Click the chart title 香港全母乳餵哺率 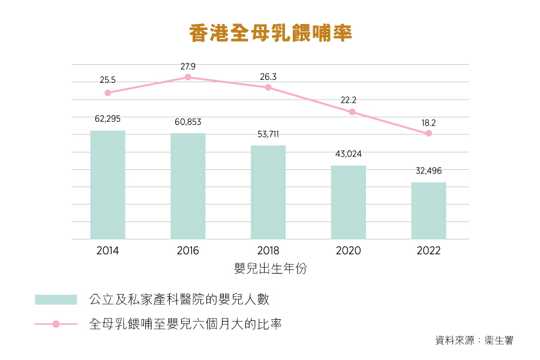point(270,33)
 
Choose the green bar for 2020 point(349,202)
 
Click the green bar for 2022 point(428,211)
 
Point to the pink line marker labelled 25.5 point(108,93)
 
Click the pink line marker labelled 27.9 point(188,77)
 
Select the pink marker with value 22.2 point(352,112)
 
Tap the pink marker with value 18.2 point(428,134)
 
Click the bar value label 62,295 point(107,119)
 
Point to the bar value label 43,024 point(349,154)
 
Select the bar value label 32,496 point(428,171)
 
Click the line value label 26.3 point(268,77)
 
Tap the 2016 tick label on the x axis point(188,251)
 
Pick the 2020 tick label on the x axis point(349,251)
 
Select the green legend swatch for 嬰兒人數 point(56,299)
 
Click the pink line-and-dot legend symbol point(56,324)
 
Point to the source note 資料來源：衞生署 point(474,340)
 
